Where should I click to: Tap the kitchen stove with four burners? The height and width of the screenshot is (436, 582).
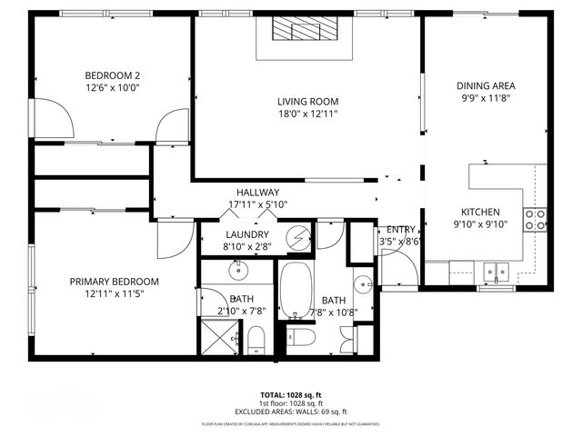point(536,219)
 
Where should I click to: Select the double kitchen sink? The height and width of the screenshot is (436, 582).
point(496,270)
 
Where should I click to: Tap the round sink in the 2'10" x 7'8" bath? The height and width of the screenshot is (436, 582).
point(238,270)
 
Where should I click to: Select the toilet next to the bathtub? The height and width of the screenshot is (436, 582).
point(303,338)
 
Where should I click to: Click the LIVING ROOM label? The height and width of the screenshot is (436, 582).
point(307,102)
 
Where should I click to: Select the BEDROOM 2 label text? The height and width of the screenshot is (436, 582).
point(113,74)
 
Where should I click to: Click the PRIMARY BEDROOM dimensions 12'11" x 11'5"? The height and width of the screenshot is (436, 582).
point(115,294)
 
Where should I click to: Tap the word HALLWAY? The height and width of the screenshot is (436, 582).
point(257,193)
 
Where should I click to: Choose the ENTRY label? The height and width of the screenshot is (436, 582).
point(401,230)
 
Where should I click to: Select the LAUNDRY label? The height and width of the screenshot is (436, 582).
point(246,233)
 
